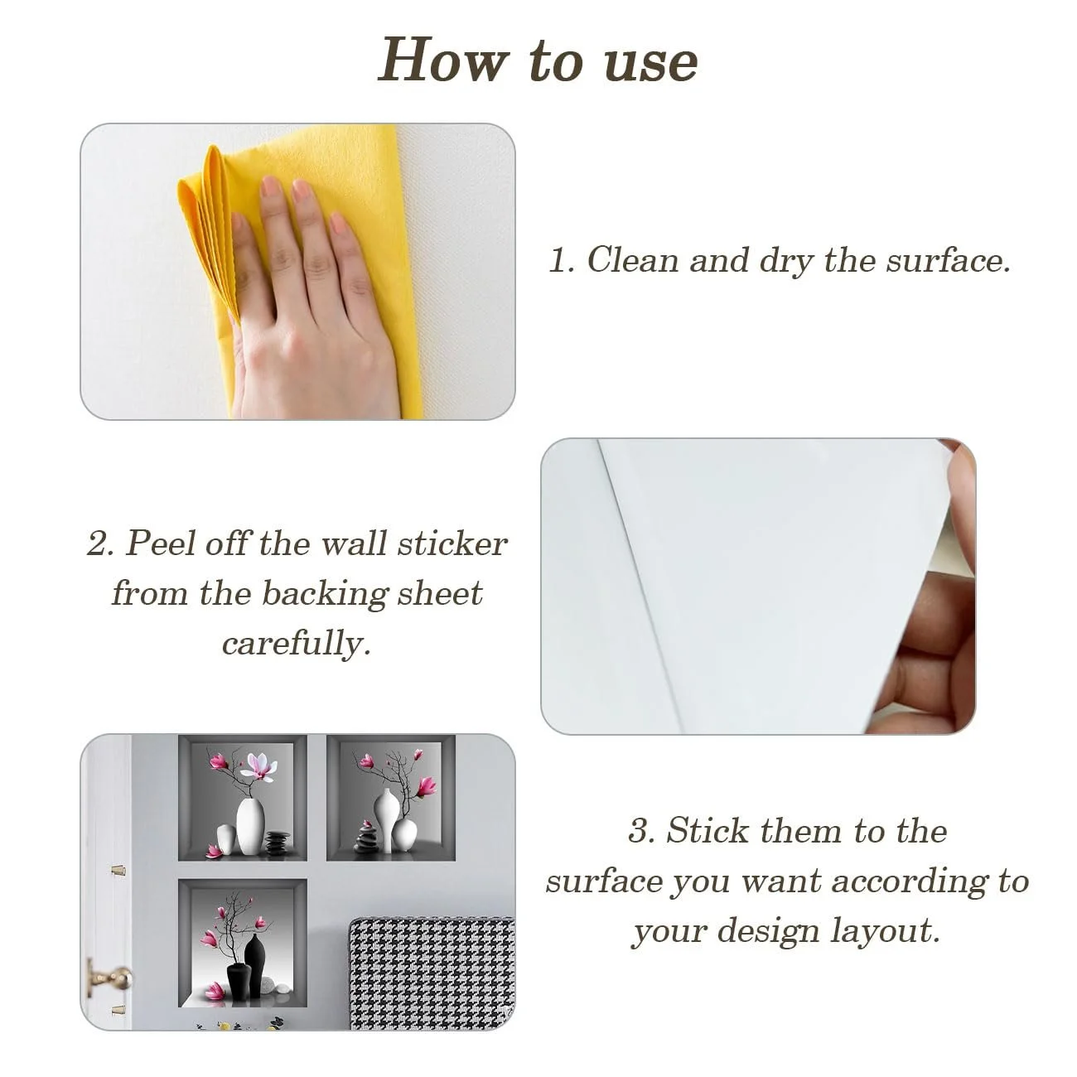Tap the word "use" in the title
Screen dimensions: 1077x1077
651,65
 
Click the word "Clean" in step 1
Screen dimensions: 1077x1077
632,260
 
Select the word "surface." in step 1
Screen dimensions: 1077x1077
948,260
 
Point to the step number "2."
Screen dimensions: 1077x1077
100,543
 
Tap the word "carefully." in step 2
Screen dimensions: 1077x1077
297,643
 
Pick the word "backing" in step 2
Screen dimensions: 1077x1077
325,593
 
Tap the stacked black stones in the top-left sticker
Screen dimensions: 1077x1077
278,844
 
